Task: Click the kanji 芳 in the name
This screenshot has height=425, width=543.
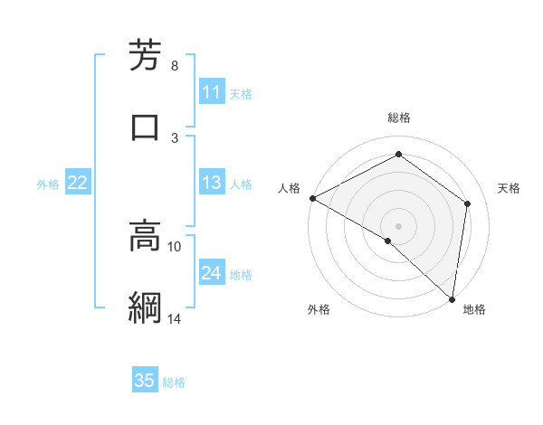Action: pos(146,56)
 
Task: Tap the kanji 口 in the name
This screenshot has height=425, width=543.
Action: pos(146,127)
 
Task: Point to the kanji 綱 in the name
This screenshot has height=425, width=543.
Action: pos(146,307)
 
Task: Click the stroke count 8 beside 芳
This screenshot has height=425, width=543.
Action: pos(175,66)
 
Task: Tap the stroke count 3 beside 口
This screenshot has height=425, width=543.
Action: pos(175,137)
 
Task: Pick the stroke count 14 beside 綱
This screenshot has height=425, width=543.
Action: pos(175,318)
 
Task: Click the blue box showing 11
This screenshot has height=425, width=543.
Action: pos(212,92)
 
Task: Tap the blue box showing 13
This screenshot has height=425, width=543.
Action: pos(212,183)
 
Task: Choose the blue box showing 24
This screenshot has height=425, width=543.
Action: pos(212,274)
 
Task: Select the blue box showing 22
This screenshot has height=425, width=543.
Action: pos(77,183)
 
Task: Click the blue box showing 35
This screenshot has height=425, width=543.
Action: pos(145,381)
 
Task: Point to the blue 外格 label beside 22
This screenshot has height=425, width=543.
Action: pos(48,184)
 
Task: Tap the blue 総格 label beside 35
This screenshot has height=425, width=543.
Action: pos(174,382)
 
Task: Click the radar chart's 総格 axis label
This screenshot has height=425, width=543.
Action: pos(398,118)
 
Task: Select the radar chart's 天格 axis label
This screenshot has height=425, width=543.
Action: pos(509,188)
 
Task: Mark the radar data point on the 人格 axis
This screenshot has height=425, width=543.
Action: pos(312,198)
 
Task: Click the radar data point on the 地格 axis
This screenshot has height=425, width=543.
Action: pos(452,298)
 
